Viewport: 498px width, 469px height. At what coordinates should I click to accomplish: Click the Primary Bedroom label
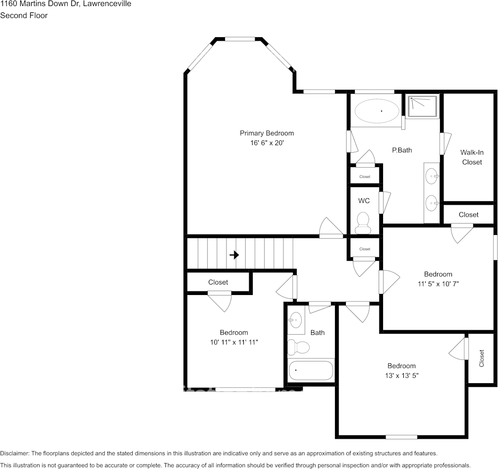[267, 133]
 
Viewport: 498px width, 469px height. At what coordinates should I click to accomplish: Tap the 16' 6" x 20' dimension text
[267, 143]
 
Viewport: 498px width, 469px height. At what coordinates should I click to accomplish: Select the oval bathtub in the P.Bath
[377, 111]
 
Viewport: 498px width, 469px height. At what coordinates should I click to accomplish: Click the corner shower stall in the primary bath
[422, 107]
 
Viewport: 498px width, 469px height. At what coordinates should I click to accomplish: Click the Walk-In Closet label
[472, 157]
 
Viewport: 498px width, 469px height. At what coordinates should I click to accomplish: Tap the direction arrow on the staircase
[234, 255]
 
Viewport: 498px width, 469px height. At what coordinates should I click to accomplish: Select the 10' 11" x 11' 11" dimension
[234, 342]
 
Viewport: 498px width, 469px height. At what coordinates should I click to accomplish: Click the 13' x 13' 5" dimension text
[402, 376]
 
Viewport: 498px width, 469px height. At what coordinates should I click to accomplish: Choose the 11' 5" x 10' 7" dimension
[438, 284]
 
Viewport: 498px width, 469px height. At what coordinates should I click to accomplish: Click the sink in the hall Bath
[295, 320]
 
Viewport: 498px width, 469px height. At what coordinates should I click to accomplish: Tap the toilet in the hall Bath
[298, 347]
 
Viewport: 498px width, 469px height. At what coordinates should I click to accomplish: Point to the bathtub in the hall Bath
[311, 370]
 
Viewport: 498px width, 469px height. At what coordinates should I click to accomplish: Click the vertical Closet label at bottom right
[482, 358]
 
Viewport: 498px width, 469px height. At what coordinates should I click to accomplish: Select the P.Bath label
[402, 150]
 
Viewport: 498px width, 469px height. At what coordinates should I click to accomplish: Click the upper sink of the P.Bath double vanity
[432, 176]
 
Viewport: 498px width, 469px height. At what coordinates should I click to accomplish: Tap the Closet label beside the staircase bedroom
[218, 282]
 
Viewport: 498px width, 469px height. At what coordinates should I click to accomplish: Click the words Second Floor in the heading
[24, 15]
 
